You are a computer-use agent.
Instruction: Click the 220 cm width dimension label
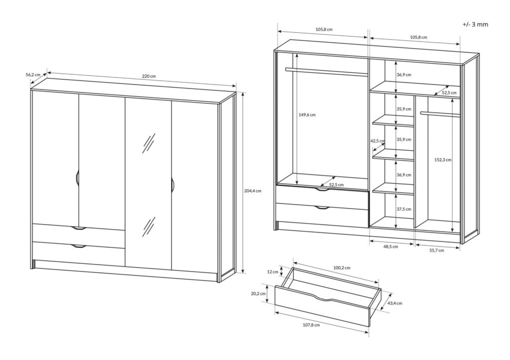click(149, 76)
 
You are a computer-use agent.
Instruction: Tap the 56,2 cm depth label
click(33, 75)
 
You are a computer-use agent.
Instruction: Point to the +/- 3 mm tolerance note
click(475, 24)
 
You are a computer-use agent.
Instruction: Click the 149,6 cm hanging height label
click(307, 115)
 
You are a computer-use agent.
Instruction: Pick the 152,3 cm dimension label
click(442, 160)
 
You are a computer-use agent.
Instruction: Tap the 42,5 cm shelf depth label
click(378, 141)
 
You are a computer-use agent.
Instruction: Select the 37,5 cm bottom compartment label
click(404, 210)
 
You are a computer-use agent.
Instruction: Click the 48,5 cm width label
click(390, 246)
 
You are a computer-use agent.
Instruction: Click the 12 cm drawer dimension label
click(272, 272)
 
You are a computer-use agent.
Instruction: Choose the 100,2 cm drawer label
click(342, 267)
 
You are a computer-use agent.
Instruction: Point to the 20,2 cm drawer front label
click(258, 294)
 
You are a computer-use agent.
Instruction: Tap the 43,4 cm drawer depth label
click(394, 303)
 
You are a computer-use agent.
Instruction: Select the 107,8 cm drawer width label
click(311, 325)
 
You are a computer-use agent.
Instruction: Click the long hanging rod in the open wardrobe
click(326, 71)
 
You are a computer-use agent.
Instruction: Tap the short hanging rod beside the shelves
click(439, 114)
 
